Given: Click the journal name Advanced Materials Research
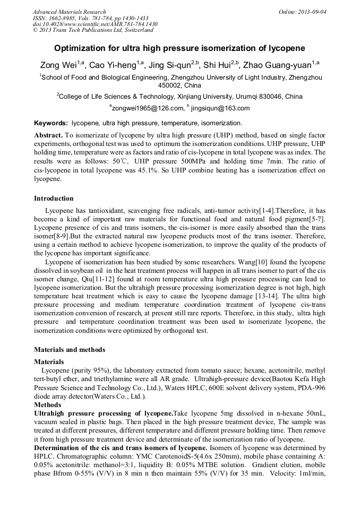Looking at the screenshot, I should click(69, 12).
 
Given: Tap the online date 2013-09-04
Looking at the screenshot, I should click(310, 12).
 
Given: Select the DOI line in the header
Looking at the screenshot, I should click(95, 24).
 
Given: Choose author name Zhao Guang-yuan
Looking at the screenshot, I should click(277, 65).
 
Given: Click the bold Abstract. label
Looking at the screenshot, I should click(49, 135).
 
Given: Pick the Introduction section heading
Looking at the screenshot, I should click(54, 199).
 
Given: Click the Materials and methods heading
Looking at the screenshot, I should click(70, 349).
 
